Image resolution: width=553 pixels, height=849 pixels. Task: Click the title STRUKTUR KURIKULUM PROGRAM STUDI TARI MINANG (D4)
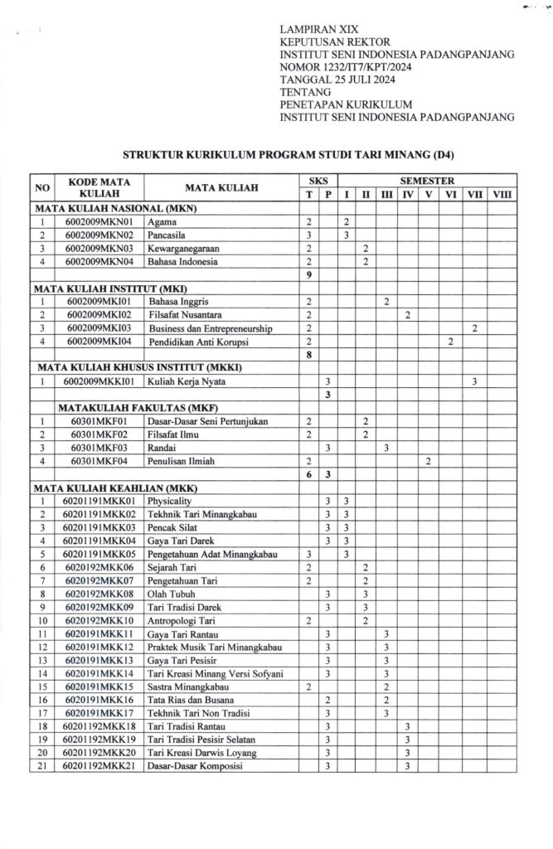[290, 154]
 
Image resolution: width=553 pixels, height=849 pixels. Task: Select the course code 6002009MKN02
[99, 235]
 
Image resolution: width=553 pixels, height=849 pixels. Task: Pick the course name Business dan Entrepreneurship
[211, 328]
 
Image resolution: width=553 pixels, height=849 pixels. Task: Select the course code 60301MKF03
[99, 448]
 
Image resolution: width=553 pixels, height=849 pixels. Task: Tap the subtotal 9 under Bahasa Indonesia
[308, 274]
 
